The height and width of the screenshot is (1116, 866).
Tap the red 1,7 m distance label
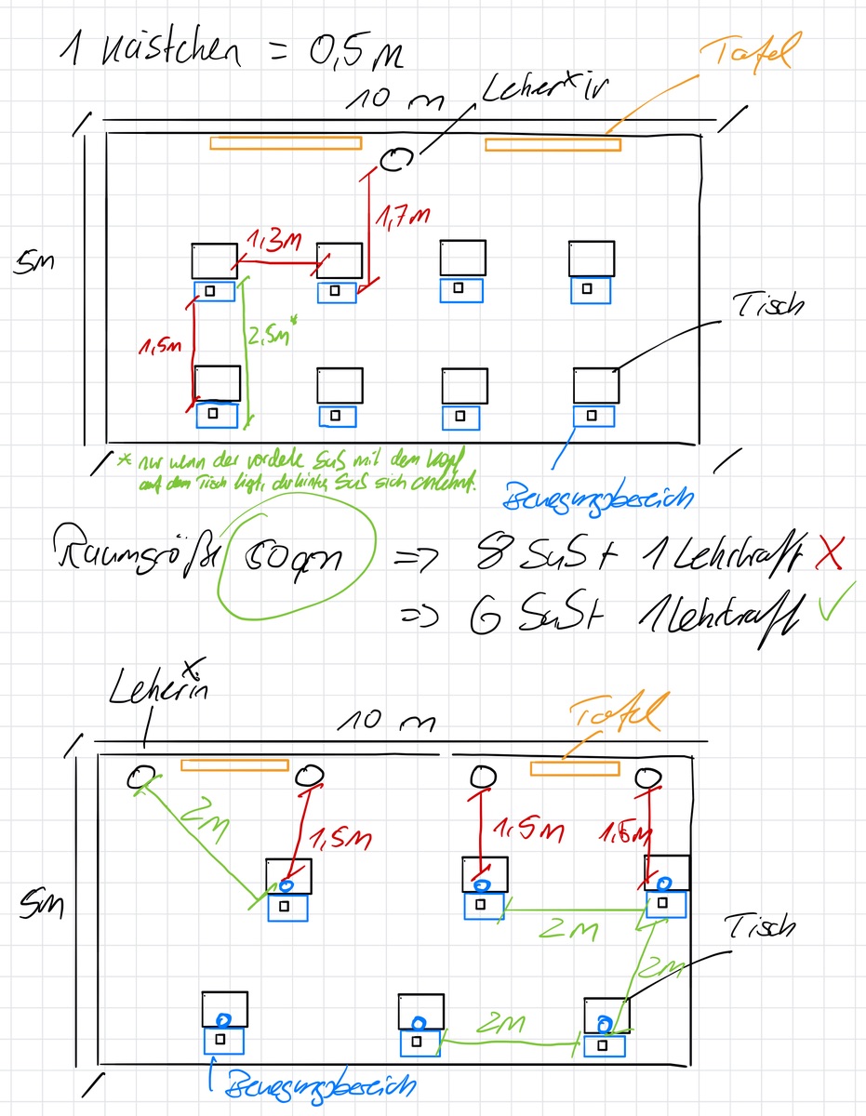click(x=404, y=217)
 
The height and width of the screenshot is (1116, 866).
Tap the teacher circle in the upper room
click(x=393, y=161)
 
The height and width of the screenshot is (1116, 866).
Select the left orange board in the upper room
click(x=286, y=143)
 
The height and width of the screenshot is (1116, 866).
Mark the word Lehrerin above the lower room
click(x=159, y=691)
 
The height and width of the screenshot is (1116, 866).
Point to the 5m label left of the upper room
click(x=34, y=264)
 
